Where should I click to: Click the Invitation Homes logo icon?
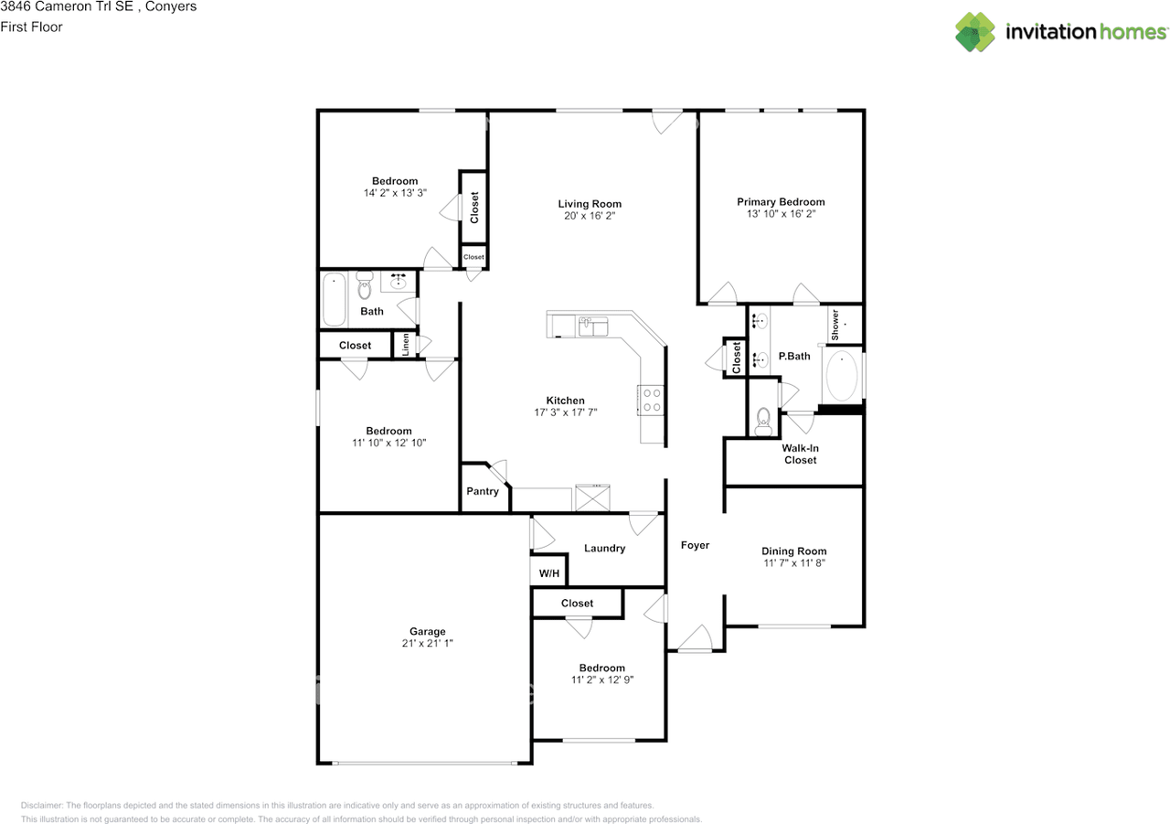[x=975, y=32]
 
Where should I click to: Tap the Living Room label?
[x=590, y=204]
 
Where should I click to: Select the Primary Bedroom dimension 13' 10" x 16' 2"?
[x=781, y=214]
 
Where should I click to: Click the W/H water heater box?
[x=549, y=573]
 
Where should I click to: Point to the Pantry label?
[x=483, y=491]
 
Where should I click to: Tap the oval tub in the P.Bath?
[x=842, y=376]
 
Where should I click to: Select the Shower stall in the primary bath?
[x=844, y=325]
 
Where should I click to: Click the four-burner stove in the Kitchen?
[x=651, y=400]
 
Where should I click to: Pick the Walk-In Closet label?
[x=800, y=455]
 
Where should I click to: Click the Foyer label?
[x=695, y=545]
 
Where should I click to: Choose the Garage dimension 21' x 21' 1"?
[x=427, y=644]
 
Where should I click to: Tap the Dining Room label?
[x=793, y=551]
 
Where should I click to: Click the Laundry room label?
[x=604, y=549]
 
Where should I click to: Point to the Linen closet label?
[x=405, y=345]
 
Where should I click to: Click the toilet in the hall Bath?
[x=365, y=287]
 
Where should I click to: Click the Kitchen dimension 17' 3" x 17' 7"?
[x=565, y=412]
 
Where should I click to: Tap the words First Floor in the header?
[x=31, y=27]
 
